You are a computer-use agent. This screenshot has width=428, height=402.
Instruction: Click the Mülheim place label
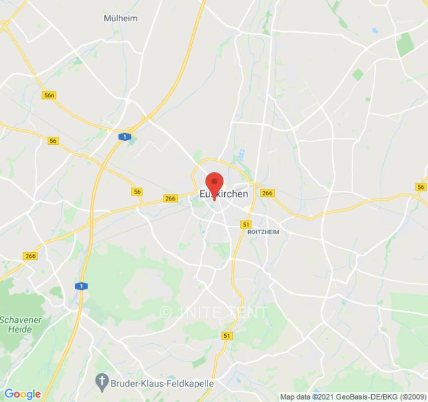click(x=120, y=18)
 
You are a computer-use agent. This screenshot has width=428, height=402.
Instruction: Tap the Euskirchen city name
click(x=224, y=194)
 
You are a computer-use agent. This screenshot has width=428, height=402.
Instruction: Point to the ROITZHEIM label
click(x=263, y=232)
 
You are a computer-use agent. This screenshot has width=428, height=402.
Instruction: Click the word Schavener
click(x=21, y=320)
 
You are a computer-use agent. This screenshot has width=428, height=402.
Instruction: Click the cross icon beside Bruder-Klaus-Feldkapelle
click(x=103, y=383)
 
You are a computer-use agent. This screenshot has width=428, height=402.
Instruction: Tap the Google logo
click(x=22, y=394)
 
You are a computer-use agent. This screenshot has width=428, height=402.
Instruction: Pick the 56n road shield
click(x=49, y=95)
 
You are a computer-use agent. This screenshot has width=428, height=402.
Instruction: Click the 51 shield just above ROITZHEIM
click(x=246, y=224)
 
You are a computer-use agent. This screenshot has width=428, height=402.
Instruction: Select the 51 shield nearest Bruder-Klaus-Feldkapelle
click(x=228, y=336)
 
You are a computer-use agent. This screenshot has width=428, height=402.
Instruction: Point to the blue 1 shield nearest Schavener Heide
click(x=81, y=286)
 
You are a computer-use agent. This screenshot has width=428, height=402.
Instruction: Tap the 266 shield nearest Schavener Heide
click(x=31, y=256)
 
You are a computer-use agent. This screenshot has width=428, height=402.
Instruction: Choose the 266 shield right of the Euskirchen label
click(x=267, y=193)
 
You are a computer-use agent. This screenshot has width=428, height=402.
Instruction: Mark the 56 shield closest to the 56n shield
click(x=53, y=141)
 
